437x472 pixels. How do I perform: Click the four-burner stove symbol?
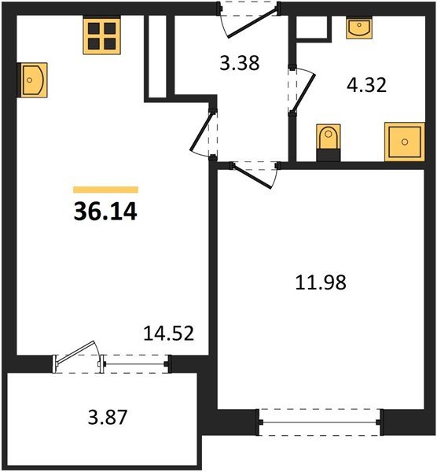click(102, 35)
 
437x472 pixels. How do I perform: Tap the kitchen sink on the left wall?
click(31, 79)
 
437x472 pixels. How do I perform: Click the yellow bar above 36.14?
click(105, 190)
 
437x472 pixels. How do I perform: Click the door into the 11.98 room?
click(252, 173)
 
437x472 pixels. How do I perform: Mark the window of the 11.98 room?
click(320, 423)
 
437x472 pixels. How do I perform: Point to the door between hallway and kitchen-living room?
click(204, 130)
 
